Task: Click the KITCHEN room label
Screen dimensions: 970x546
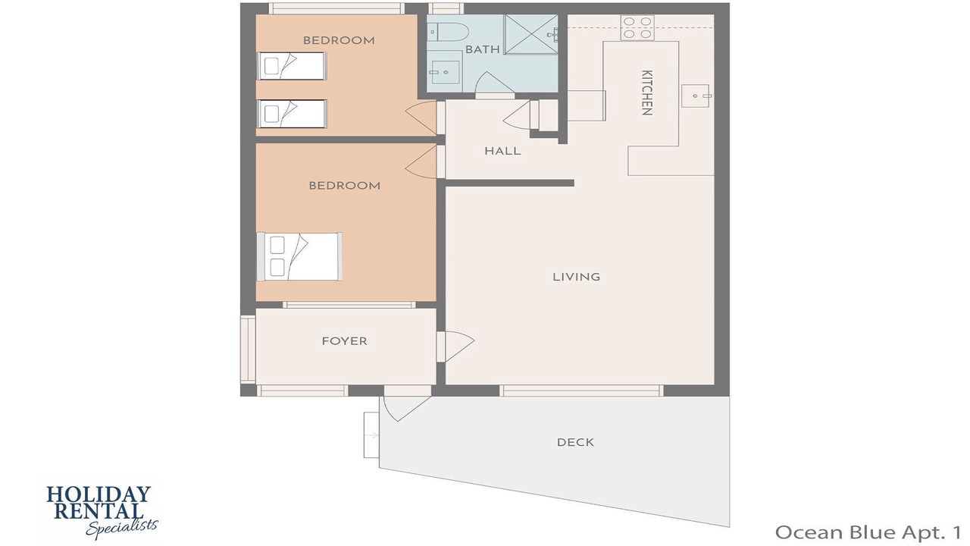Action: pos(646,93)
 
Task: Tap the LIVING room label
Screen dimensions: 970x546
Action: pos(577,277)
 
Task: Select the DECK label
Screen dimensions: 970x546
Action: pos(575,442)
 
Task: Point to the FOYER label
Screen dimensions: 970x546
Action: pos(344,341)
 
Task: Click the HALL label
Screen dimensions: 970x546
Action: pos(502,151)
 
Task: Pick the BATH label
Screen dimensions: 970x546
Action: pos(483,49)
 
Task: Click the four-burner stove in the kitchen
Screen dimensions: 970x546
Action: pos(637,28)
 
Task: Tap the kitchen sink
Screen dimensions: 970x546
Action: pos(696,96)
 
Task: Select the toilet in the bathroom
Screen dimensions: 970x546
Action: pos(449,32)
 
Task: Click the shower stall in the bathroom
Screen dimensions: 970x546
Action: pos(531,35)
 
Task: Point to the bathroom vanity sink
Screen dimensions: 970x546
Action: pos(445,71)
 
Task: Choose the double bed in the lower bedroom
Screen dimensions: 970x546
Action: pos(299,256)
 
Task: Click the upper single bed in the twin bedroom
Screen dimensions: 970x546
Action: pos(292,66)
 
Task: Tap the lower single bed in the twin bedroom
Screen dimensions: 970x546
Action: pos(292,114)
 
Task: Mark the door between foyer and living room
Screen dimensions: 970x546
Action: pos(455,347)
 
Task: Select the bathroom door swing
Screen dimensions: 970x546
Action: pos(495,83)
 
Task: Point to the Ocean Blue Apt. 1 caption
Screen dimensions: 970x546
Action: pos(868,532)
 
